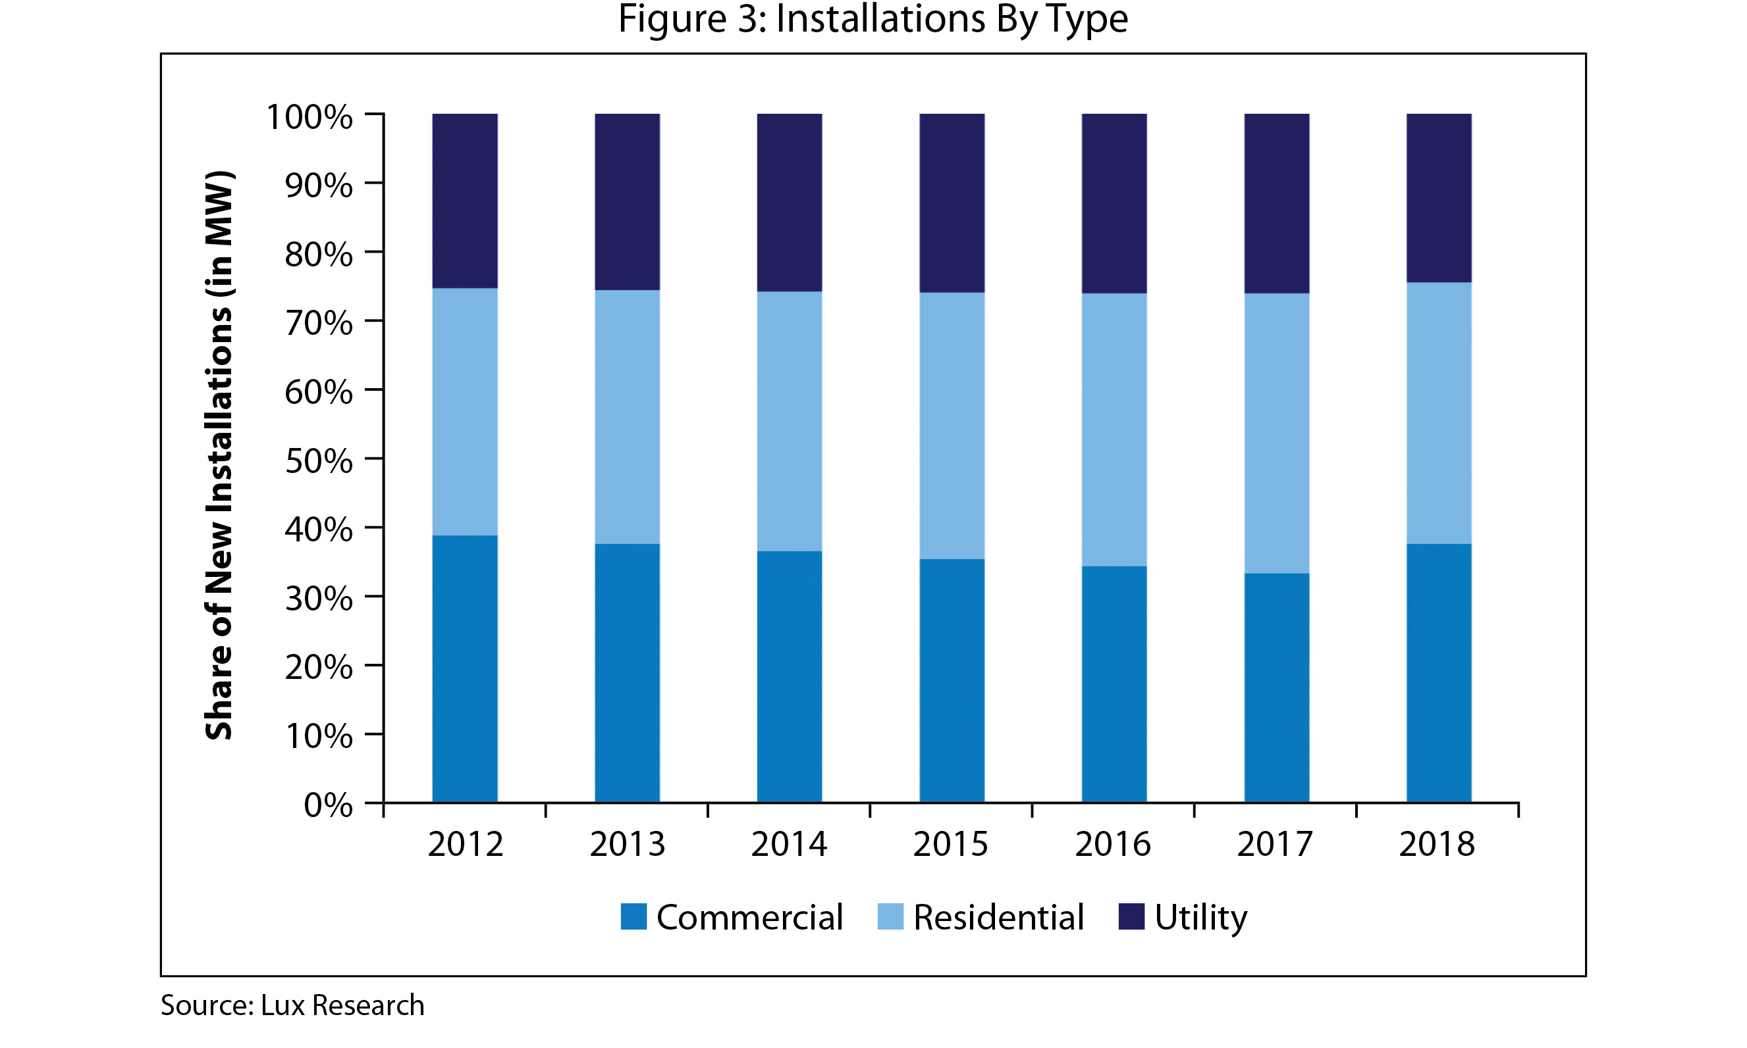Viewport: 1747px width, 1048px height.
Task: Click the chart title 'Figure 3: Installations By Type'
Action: [x=873, y=19]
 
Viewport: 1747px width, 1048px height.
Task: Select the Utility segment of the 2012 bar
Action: [x=464, y=201]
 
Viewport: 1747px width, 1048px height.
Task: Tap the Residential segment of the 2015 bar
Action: [x=952, y=426]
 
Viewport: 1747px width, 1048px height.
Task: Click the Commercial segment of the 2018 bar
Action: [x=1438, y=672]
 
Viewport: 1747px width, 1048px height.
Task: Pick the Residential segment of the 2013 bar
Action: [x=627, y=416]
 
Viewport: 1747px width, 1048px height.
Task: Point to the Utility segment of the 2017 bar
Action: [x=1276, y=203]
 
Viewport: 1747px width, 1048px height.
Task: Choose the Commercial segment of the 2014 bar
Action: [x=790, y=676]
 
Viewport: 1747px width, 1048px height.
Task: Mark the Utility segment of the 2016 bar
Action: [x=1114, y=203]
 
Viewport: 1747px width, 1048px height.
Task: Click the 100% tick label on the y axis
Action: [x=309, y=116]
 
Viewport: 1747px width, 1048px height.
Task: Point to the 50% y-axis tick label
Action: [x=318, y=461]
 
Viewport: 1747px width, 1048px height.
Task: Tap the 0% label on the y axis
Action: [x=327, y=805]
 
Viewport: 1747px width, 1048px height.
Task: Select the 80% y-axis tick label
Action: [x=318, y=254]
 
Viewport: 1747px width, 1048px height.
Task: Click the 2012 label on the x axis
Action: [x=465, y=844]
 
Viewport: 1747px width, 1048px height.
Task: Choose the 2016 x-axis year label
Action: [x=1112, y=844]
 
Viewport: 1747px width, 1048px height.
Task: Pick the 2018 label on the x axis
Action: [x=1437, y=844]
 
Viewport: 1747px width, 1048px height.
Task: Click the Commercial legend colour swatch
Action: [x=633, y=916]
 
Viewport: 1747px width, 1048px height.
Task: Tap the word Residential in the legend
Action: [x=998, y=917]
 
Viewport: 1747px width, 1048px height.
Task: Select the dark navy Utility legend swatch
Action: [x=1131, y=916]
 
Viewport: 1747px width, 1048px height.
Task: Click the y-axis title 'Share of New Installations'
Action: [x=219, y=455]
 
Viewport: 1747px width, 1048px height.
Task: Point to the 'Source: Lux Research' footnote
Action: [x=292, y=1005]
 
